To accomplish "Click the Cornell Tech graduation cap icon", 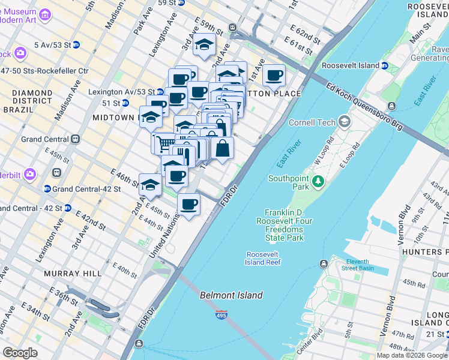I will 344,122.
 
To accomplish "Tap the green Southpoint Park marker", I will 318,180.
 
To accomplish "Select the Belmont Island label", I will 231,295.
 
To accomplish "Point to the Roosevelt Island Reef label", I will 262,257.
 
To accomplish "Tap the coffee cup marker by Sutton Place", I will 274,76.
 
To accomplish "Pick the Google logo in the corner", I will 20,352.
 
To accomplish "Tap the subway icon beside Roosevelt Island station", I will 385,65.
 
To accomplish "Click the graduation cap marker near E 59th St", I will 204,44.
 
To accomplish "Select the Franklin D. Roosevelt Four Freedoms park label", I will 285,226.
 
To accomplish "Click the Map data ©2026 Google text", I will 412,355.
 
